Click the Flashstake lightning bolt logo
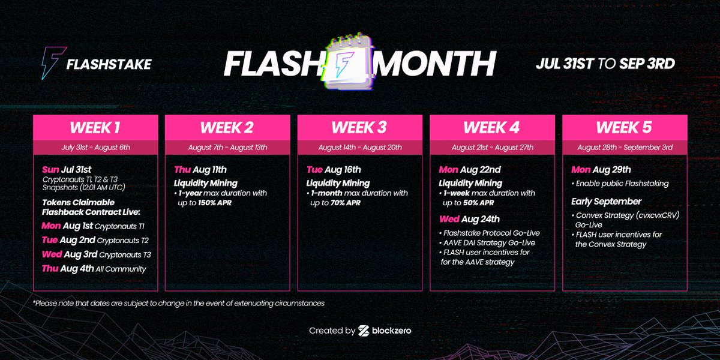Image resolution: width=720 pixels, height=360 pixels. point(50,63)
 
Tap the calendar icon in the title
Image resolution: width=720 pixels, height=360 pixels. point(348,62)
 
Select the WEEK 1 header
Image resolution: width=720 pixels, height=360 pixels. point(95,128)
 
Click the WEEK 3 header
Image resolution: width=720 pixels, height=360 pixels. point(360,128)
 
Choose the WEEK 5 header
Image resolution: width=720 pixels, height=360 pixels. point(625,128)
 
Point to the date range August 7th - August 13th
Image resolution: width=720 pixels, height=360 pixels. point(227,147)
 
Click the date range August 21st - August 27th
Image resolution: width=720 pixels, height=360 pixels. point(492,147)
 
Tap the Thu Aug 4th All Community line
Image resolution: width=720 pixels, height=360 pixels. point(94,269)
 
